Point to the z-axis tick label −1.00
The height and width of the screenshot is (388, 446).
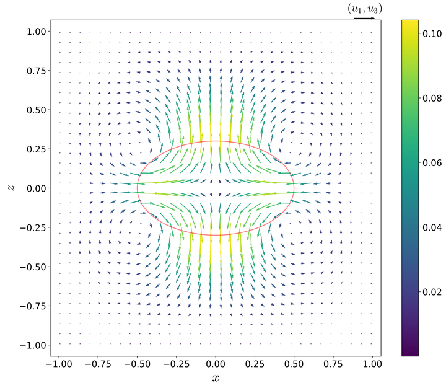28,345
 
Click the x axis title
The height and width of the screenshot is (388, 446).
216,377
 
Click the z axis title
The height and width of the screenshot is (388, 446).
11,187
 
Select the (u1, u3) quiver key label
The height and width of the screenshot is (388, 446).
364,9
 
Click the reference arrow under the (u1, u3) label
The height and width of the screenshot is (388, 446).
364,18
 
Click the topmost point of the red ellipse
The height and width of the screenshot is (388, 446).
216,141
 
